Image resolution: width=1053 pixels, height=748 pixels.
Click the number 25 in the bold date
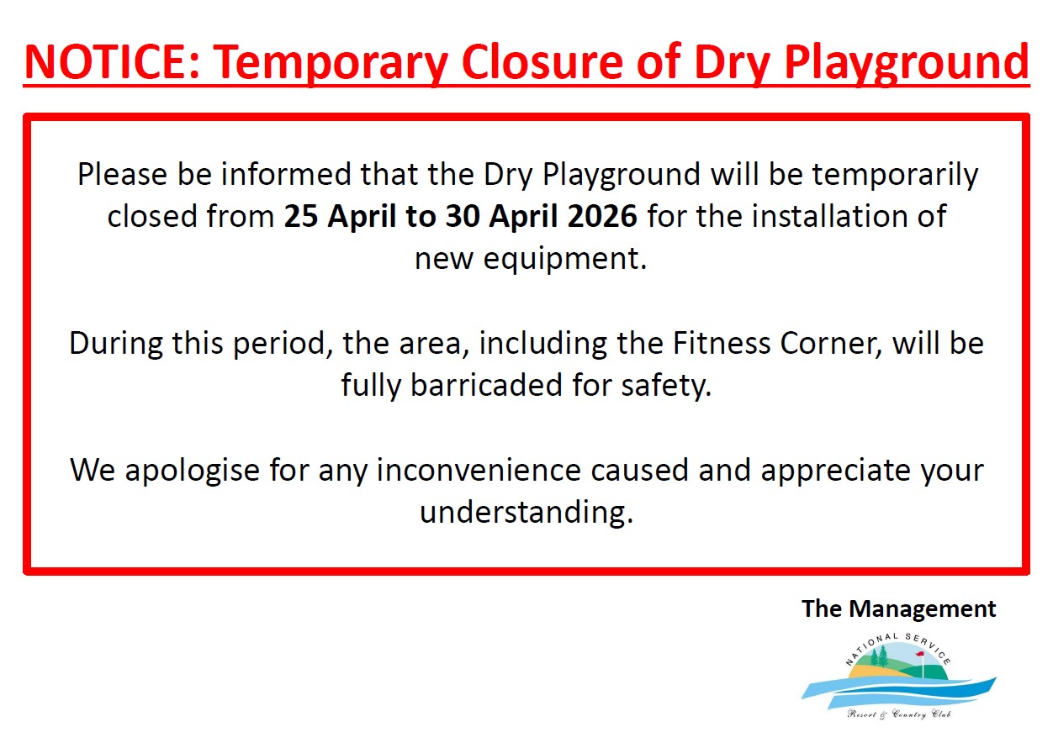301,217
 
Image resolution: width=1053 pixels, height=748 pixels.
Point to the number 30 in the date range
463,217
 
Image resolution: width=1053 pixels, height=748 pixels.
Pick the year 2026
602,217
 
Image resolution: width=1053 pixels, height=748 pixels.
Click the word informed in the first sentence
286,174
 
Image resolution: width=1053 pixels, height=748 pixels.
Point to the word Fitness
722,343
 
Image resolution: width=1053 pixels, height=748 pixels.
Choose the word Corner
831,345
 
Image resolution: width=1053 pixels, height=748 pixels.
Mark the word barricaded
486,385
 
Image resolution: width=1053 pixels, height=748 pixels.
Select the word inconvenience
479,471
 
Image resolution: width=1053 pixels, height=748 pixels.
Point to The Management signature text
899,609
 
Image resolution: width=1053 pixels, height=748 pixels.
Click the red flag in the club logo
920,653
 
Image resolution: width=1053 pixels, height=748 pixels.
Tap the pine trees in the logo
880,656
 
